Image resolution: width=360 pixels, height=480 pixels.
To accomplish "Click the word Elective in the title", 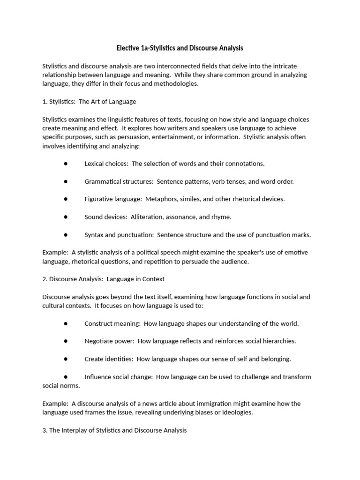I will (129, 48).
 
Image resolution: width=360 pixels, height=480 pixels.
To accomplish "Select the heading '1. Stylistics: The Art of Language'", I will (89, 101).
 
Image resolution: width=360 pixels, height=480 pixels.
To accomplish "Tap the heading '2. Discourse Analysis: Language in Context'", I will (104, 279).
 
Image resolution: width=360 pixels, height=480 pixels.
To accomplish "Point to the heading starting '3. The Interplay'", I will (114, 430).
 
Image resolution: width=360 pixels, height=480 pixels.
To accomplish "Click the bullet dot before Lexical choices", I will (66, 164).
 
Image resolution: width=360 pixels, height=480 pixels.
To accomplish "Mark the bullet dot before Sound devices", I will (66, 217).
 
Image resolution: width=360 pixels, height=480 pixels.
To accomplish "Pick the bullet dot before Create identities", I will (66, 359).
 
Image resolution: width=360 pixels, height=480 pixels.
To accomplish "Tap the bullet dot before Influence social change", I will (66, 377).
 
